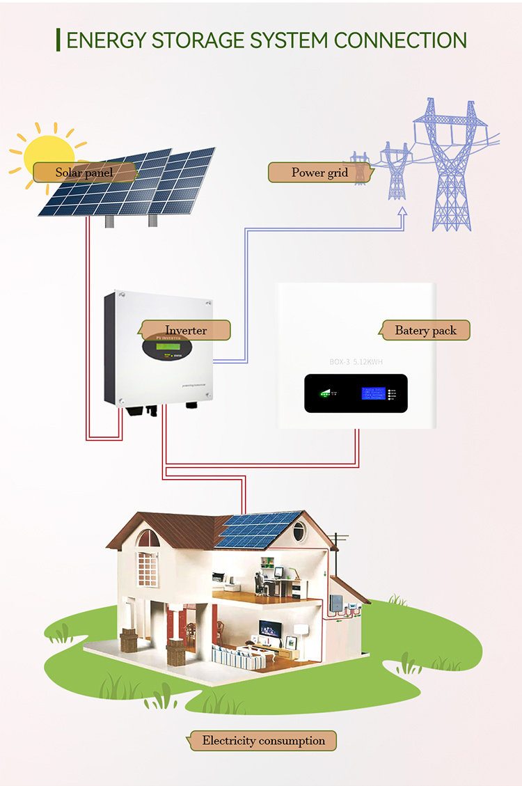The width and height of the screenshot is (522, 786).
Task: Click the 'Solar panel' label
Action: pyautogui.click(x=84, y=172)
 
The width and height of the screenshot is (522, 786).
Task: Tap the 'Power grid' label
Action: pyautogui.click(x=319, y=173)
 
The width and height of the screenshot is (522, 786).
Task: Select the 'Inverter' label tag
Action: pyautogui.click(x=186, y=330)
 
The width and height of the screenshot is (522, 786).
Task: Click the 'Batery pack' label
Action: pyautogui.click(x=425, y=330)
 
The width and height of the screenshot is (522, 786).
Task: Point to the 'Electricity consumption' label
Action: pyautogui.click(x=263, y=741)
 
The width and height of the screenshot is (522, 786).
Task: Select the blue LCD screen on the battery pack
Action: pyautogui.click(x=374, y=393)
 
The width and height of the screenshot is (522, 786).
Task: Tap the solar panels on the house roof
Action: pyautogui.click(x=259, y=530)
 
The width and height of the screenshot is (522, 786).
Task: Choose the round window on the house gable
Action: pyautogui.click(x=299, y=531)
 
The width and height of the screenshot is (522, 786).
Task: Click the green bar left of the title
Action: pyautogui.click(x=58, y=40)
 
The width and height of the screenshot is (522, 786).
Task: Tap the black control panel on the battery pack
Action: pyautogui.click(x=356, y=394)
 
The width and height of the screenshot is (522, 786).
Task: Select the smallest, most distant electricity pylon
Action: pyautogui.click(x=359, y=168)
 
